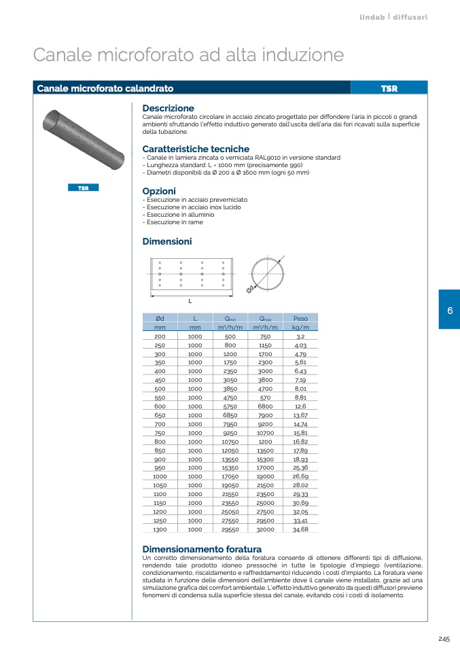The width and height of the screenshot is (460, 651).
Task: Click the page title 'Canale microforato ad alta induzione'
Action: pyautogui.click(x=188, y=54)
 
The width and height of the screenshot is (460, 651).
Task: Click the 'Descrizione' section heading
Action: pyautogui.click(x=168, y=108)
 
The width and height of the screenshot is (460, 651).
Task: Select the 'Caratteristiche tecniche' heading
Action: pyautogui.click(x=196, y=149)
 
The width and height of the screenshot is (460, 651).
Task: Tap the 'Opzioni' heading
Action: pyautogui.click(x=159, y=191)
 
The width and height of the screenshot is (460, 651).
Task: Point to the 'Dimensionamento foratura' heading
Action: pyautogui.click(x=202, y=549)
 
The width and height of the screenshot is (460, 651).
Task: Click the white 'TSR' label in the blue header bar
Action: pyautogui.click(x=389, y=88)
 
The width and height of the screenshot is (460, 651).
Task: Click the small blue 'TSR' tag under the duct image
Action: pyautogui.click(x=83, y=188)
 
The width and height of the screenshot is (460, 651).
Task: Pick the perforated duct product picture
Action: pyautogui.click(x=83, y=143)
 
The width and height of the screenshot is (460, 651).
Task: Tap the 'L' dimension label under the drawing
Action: pyautogui.click(x=190, y=300)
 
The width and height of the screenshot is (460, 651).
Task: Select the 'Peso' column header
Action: pyautogui.click(x=300, y=318)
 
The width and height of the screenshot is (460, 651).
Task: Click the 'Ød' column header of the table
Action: pyautogui.click(x=160, y=318)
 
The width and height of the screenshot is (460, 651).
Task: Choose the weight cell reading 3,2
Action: pyautogui.click(x=300, y=336)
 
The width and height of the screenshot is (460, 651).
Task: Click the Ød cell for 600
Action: pyautogui.click(x=160, y=406)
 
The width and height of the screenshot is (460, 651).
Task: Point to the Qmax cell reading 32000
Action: pyautogui.click(x=266, y=529)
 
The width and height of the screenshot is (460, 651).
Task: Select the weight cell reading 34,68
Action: pyautogui.click(x=300, y=529)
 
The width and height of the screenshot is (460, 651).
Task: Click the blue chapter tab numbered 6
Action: pyautogui.click(x=449, y=310)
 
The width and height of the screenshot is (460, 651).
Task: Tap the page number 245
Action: pyautogui.click(x=444, y=639)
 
